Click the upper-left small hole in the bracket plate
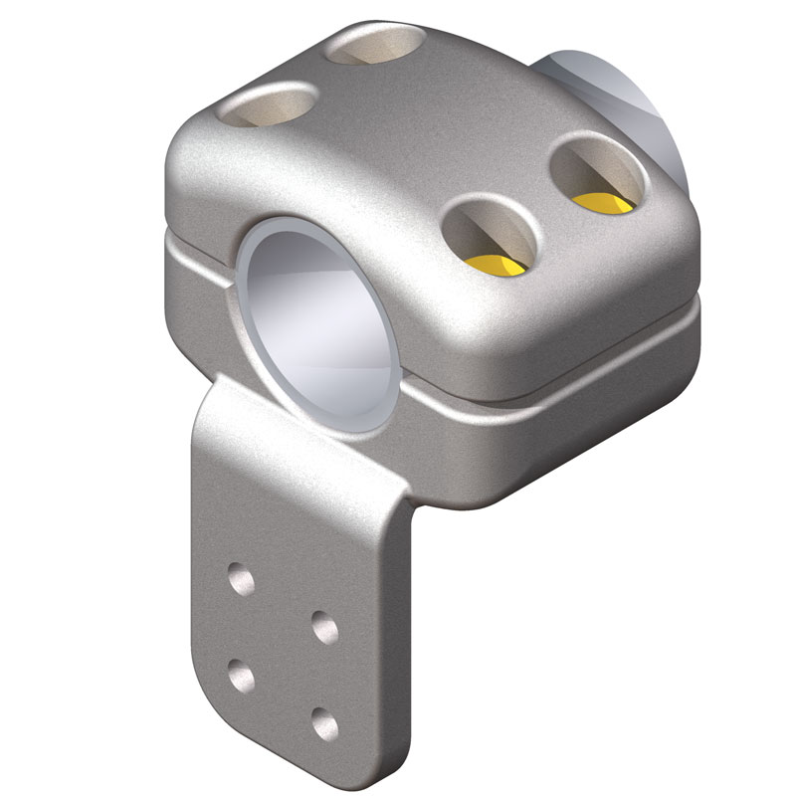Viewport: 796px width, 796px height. coord(240,577)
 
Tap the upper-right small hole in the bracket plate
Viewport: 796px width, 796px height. coord(323,627)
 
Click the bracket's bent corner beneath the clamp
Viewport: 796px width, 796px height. coord(398,488)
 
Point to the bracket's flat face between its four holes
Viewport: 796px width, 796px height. coord(282,649)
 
